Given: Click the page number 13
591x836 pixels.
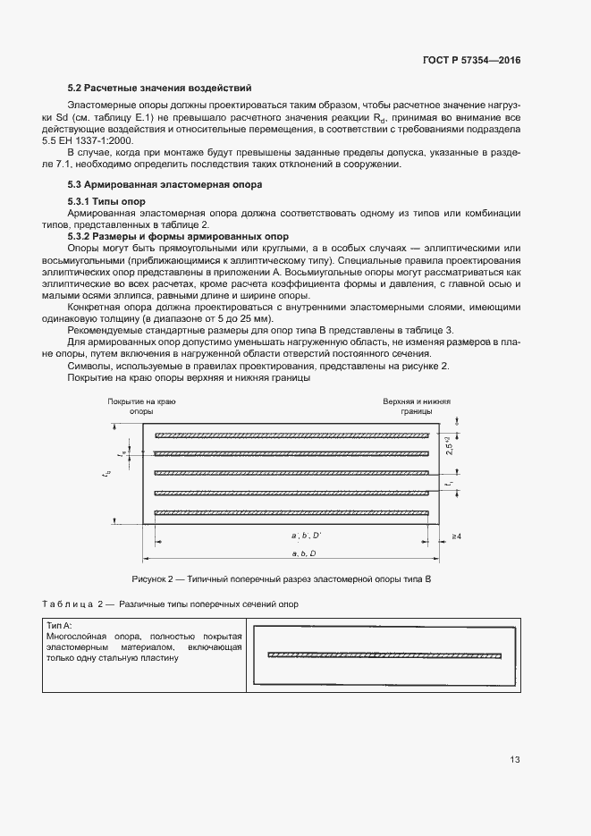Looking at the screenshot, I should click(514, 760).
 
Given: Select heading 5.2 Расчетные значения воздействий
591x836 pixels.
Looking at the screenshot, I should click(159, 88).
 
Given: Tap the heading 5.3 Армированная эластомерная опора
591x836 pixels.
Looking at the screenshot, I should click(165, 184).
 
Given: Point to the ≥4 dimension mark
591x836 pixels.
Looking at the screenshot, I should click(456, 536).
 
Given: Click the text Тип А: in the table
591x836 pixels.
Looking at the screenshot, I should click(60, 625).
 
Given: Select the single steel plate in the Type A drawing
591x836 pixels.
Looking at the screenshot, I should click(384, 654).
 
